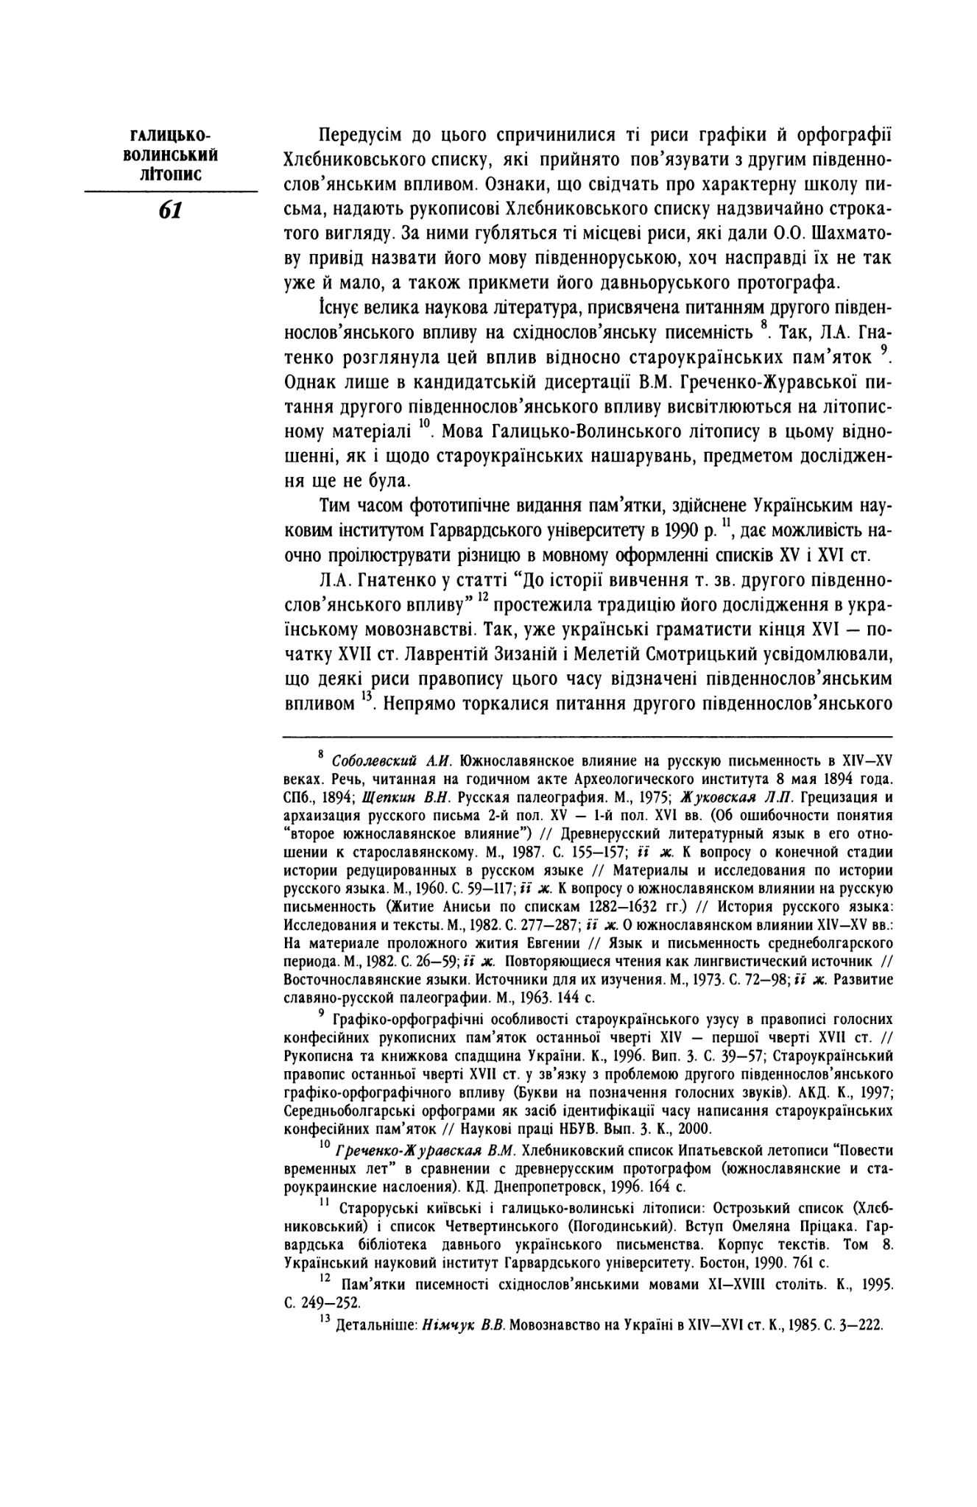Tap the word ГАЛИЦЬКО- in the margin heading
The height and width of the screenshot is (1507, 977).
170,138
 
